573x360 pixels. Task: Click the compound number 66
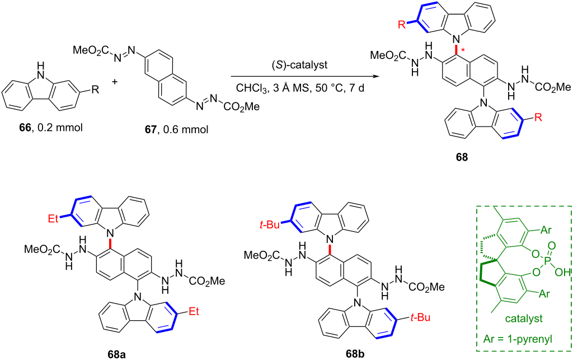click(x=25, y=128)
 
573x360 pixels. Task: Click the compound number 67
click(x=151, y=129)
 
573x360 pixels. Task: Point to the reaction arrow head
click(x=374, y=77)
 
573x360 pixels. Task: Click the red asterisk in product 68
click(x=464, y=50)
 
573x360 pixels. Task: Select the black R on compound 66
click(x=95, y=90)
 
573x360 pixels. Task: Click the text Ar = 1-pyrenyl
click(x=524, y=339)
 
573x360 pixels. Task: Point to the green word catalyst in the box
click(x=524, y=319)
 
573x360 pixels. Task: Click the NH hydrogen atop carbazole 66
click(x=43, y=66)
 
